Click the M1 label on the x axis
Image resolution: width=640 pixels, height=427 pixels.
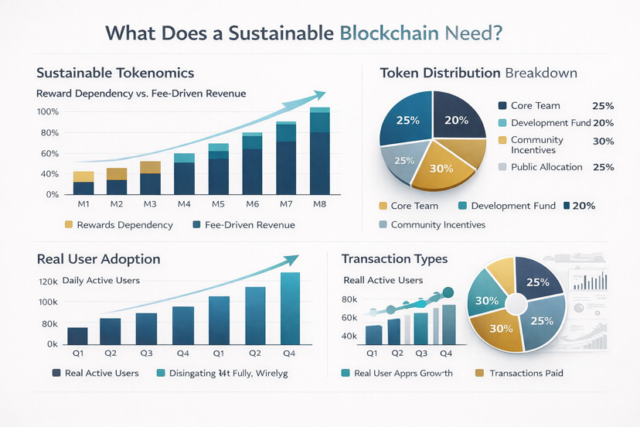(83, 203)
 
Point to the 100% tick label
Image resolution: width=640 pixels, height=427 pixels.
(48, 111)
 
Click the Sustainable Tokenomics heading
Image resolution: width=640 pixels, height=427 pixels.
(114, 73)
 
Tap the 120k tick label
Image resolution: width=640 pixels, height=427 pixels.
(48, 281)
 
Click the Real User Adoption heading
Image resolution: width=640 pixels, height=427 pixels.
(98, 259)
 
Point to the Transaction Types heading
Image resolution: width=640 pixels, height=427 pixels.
(394, 259)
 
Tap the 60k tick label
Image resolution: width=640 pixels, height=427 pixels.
(348, 318)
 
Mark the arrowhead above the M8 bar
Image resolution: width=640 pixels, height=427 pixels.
(318, 94)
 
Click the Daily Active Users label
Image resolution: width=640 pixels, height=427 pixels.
(102, 280)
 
